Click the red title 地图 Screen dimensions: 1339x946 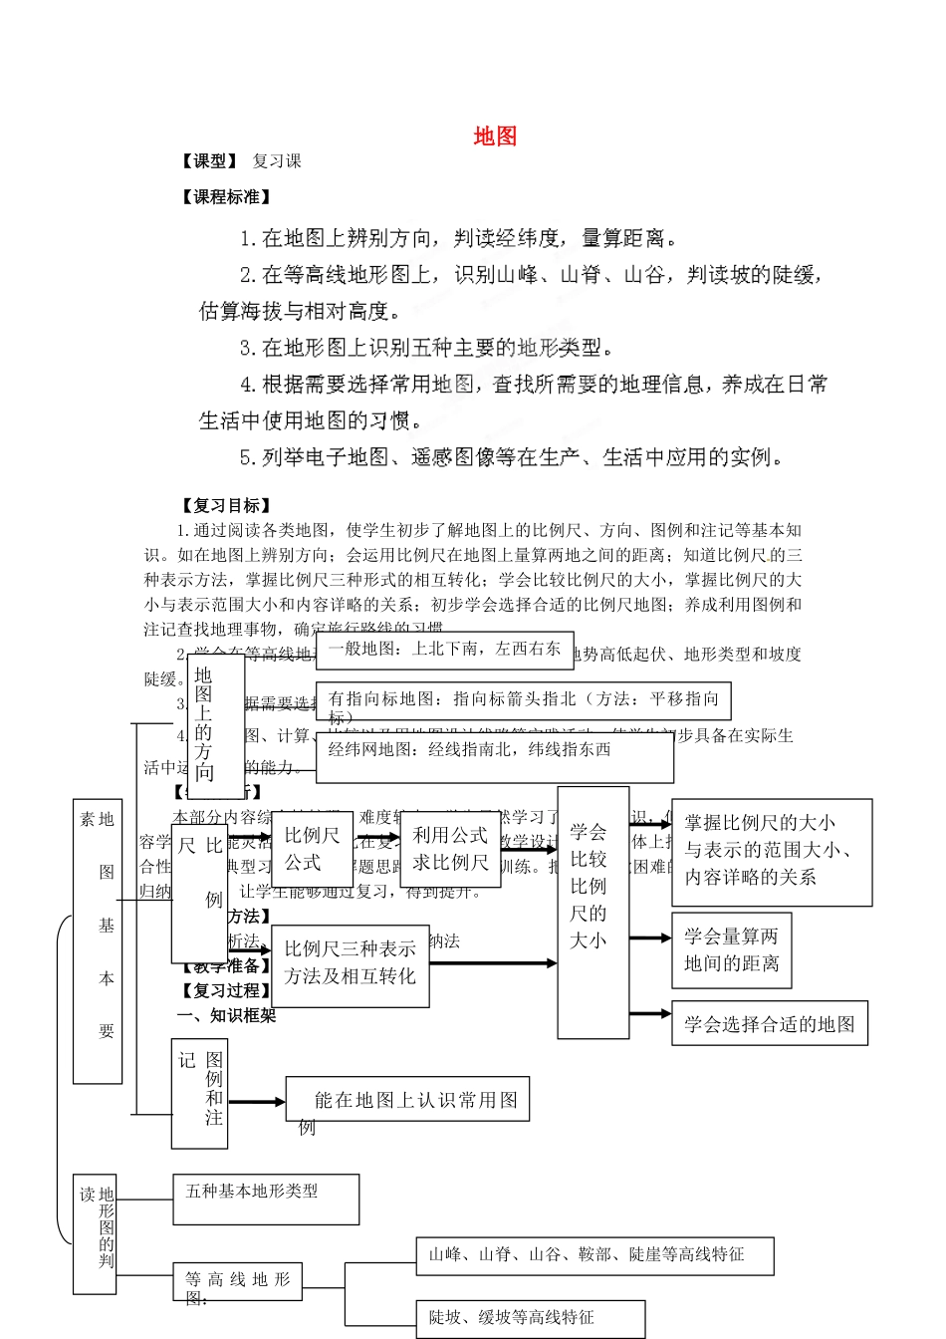coord(495,136)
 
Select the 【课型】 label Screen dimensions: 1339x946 coord(209,161)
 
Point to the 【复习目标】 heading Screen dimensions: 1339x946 coord(226,506)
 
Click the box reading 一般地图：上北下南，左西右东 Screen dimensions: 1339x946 coord(444,650)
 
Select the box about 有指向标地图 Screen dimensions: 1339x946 coord(523,700)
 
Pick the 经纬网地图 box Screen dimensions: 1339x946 coord(494,757)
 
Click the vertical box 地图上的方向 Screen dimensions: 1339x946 coord(215,725)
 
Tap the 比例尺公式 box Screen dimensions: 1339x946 coord(311,849)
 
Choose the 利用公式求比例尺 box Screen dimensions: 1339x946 coord(449,849)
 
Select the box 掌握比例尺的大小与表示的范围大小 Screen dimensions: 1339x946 coord(771,851)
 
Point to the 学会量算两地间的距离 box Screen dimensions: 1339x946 coord(731,949)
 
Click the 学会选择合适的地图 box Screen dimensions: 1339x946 coord(769,1023)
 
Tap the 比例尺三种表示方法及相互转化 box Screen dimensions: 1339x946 coord(350,962)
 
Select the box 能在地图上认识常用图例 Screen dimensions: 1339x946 coord(407,1100)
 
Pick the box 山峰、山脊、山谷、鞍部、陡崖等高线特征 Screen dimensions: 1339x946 coord(593,1255)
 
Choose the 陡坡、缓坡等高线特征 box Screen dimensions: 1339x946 coord(530,1318)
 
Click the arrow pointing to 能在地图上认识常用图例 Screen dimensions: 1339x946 coord(257,1102)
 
